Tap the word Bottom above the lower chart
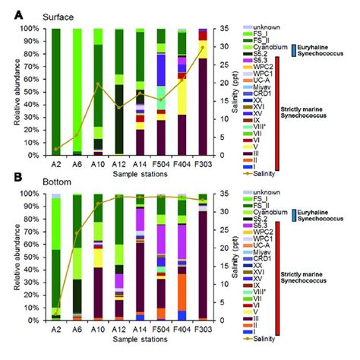[43, 182]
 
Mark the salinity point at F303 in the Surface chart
[202, 47]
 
